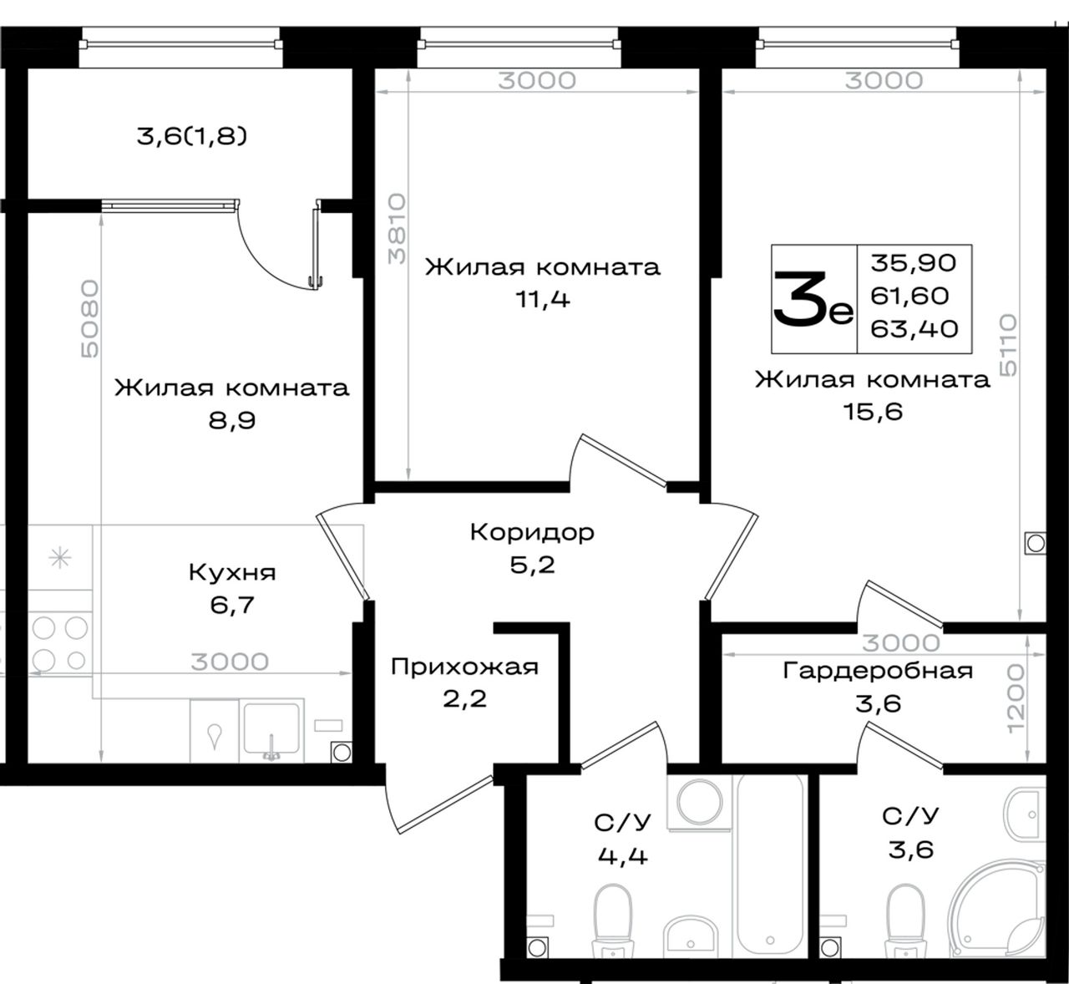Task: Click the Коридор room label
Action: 532,532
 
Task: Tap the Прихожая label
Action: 464,667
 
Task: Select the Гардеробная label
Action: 878,671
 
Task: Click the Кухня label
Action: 232,572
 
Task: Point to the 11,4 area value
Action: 543,300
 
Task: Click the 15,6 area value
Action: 873,412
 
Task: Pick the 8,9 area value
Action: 232,420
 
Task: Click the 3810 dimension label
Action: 397,229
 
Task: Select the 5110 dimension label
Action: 1008,345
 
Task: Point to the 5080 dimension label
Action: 89,319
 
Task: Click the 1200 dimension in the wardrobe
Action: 1016,698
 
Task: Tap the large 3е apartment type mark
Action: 813,298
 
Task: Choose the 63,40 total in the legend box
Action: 914,329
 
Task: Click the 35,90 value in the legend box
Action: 914,263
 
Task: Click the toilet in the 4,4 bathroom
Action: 613,923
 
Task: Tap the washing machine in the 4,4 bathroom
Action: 699,803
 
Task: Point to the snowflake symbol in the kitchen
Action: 59,558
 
